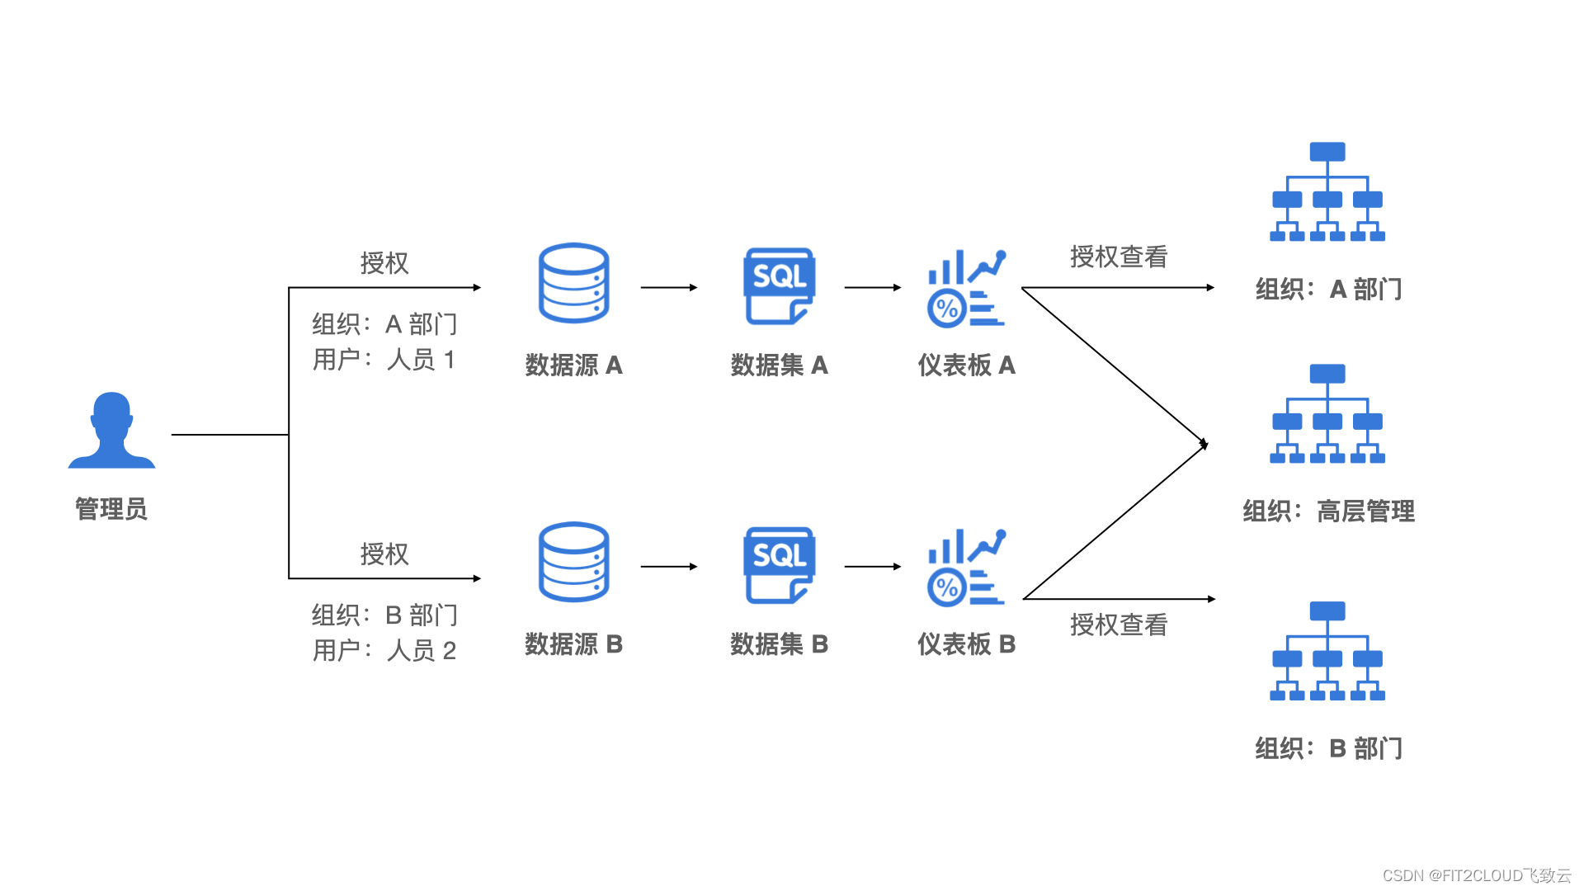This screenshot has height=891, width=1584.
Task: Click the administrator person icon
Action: point(111,431)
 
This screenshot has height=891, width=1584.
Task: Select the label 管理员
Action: point(111,509)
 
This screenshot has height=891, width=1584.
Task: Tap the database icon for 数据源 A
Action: point(573,283)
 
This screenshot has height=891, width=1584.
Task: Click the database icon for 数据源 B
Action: point(573,562)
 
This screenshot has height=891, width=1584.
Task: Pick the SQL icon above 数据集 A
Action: point(779,285)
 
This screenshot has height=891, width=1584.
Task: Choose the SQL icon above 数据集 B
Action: point(779,564)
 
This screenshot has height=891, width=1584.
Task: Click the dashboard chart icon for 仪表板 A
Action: point(966,288)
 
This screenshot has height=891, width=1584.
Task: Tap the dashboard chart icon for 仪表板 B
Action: point(966,567)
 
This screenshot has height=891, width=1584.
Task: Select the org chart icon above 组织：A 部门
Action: point(1327,192)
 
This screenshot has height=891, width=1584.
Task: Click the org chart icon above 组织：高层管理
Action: point(1327,414)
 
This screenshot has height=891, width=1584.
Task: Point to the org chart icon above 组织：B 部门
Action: point(1327,652)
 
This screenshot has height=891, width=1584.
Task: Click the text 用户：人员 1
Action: point(384,360)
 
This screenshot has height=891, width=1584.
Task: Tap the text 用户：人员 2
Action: point(384,651)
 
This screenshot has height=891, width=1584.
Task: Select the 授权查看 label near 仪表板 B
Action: point(1119,625)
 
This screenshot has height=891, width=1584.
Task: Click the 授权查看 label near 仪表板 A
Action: point(1119,257)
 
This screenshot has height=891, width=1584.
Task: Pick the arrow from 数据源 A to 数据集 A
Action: point(669,288)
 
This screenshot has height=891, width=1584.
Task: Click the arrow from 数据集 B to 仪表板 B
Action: point(873,567)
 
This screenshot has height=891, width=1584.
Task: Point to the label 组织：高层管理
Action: point(1328,511)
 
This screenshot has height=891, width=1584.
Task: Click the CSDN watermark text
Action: point(1477,875)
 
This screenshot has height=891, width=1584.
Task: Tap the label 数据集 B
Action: point(779,644)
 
